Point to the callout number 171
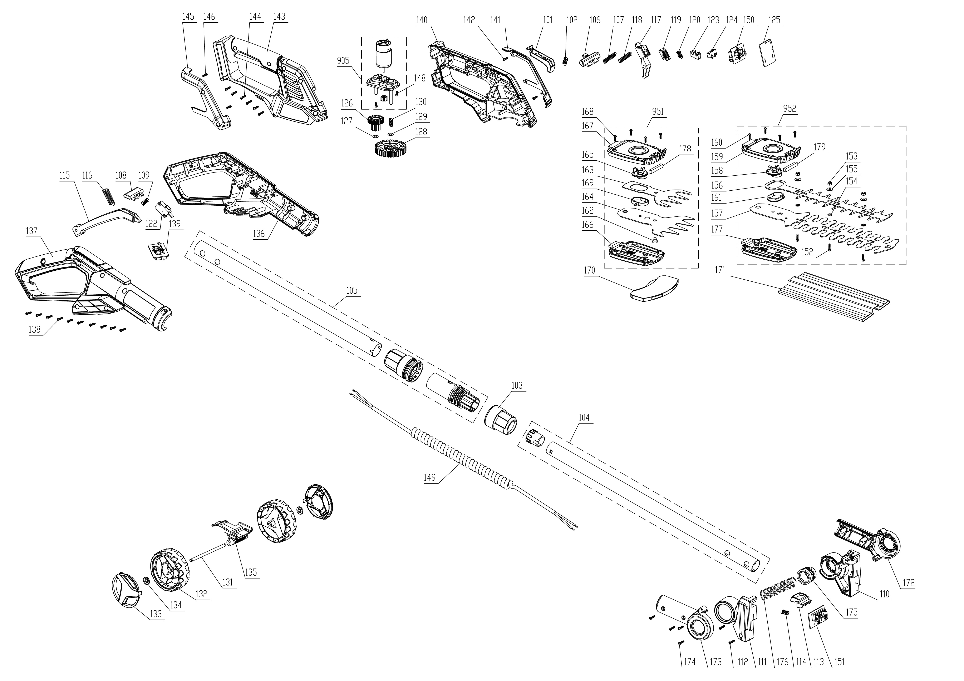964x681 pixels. tap(720, 270)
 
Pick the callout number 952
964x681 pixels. tap(789, 108)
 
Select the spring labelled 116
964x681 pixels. tap(108, 196)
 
